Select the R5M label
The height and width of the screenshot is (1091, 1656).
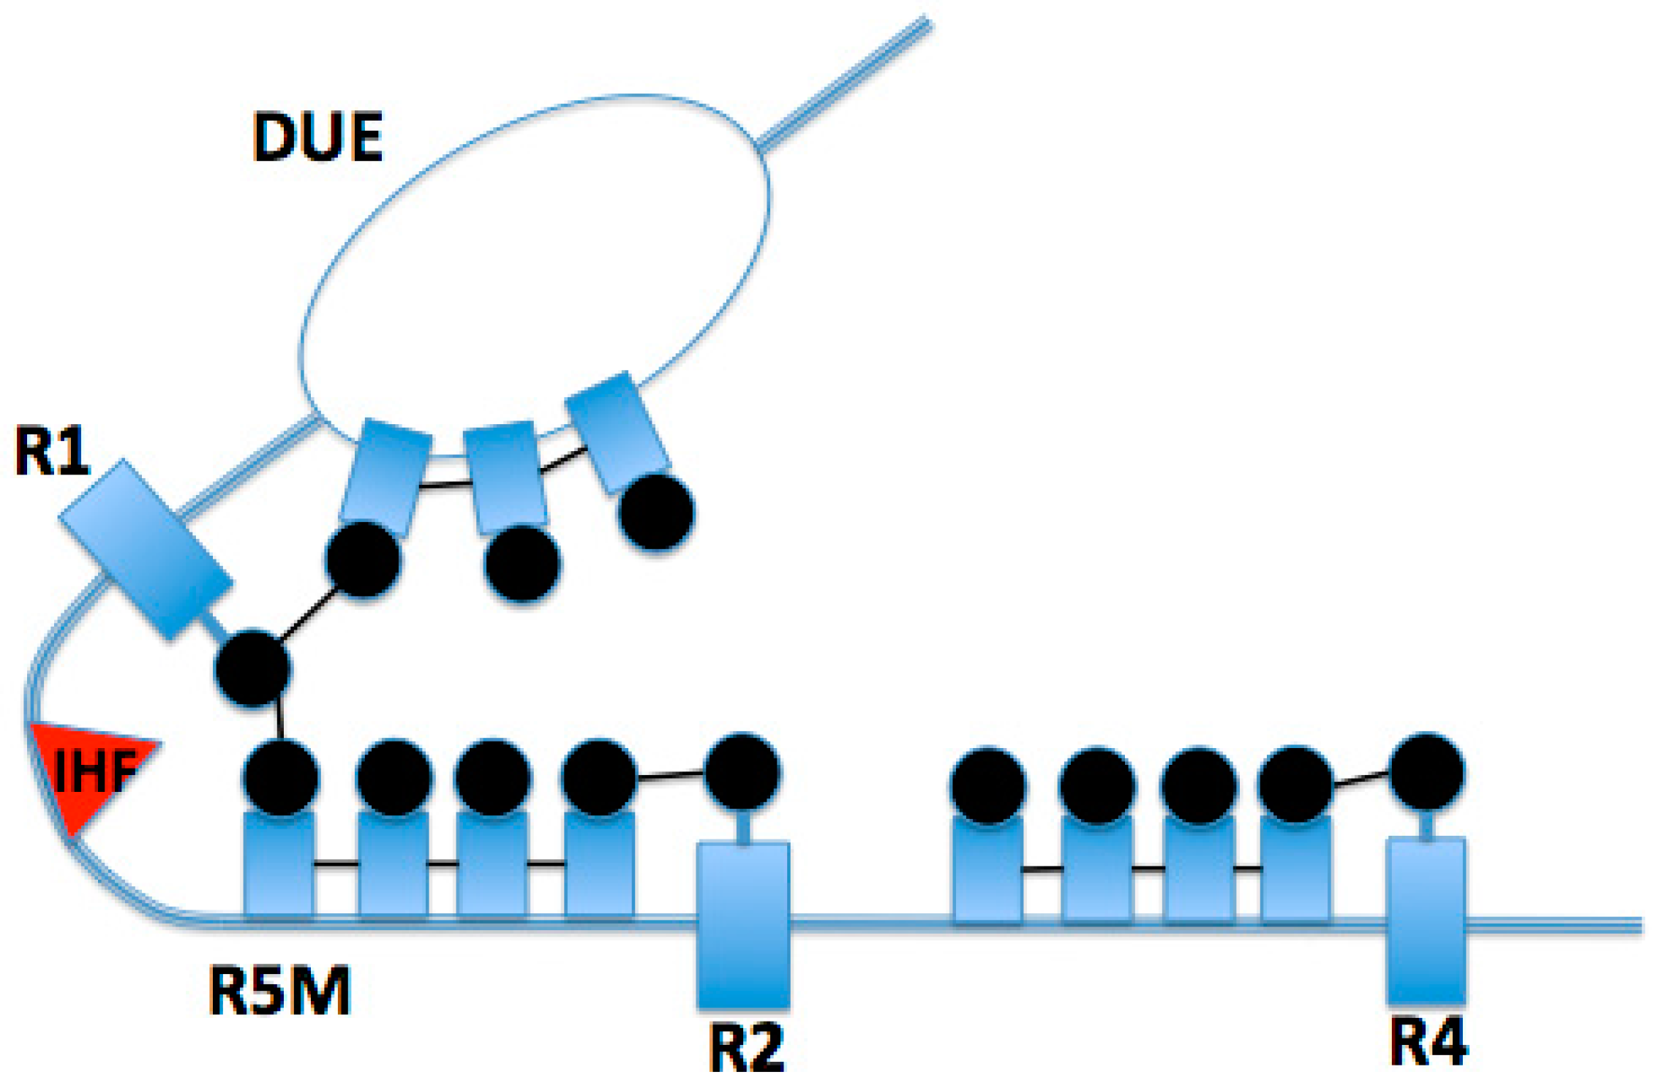[x=280, y=991]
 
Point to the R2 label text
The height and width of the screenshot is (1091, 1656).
[x=746, y=1047]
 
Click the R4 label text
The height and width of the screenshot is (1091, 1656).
[x=1428, y=1041]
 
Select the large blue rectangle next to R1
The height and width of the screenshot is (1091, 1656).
[x=146, y=549]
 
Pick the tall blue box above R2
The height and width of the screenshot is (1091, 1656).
[x=743, y=925]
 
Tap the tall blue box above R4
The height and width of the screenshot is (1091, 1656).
[x=1426, y=920]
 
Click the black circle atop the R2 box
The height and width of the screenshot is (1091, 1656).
[x=742, y=772]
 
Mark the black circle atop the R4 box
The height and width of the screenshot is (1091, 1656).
[x=1426, y=771]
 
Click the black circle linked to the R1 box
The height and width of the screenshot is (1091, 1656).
[x=252, y=668]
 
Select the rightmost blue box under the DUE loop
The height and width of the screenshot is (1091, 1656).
[x=617, y=432]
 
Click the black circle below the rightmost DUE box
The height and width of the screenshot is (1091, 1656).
[x=655, y=511]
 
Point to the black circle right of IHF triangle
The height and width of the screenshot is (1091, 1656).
[x=281, y=777]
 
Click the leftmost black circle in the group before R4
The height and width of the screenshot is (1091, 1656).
[x=987, y=787]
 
